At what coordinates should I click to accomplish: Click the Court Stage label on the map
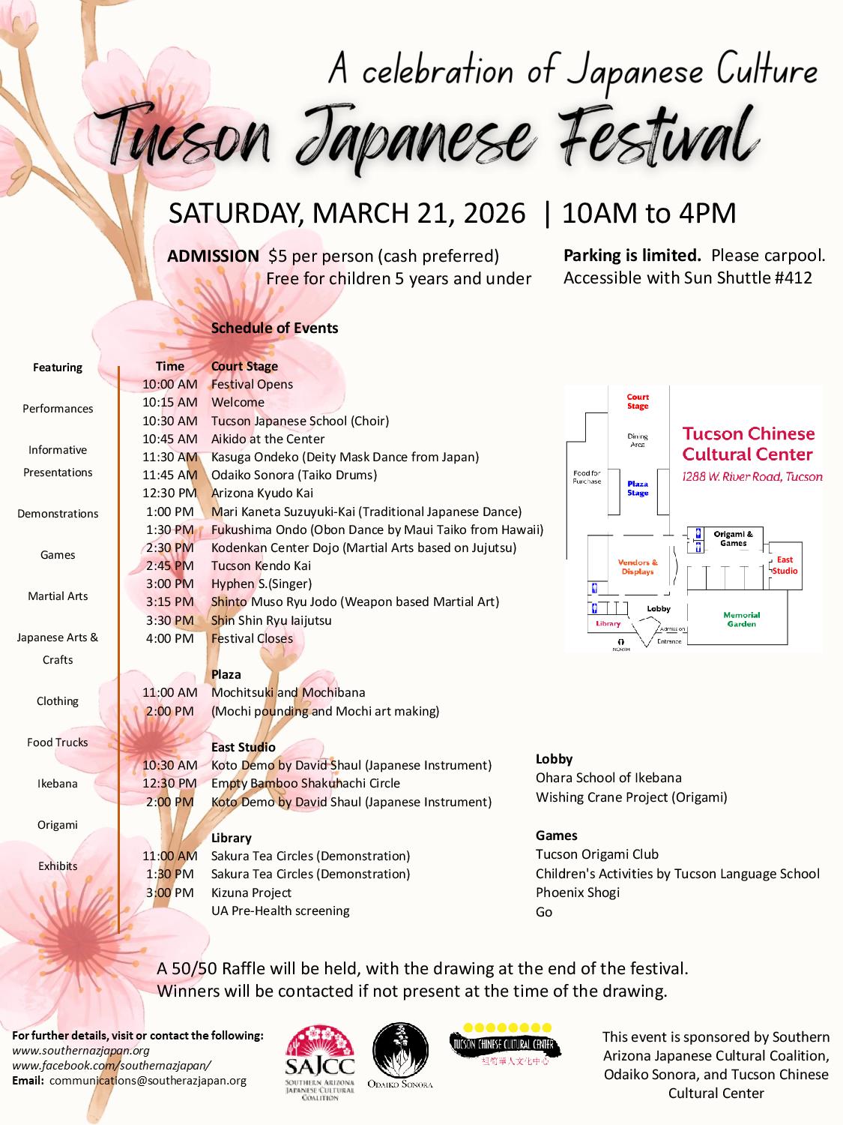[638, 402]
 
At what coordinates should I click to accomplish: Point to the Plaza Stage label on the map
[638, 488]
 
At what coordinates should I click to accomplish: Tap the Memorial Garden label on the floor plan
[741, 619]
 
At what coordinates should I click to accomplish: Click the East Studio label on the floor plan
[785, 565]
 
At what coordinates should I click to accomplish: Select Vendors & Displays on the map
[638, 567]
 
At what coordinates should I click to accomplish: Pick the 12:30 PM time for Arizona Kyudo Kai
[169, 493]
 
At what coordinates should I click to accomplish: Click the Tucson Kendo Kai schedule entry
[261, 565]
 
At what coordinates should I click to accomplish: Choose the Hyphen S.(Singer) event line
[261, 583]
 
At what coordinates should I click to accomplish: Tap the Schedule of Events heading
[274, 328]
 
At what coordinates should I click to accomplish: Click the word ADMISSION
[213, 256]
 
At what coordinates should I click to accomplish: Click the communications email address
[148, 1081]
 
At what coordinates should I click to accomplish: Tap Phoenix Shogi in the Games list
[578, 892]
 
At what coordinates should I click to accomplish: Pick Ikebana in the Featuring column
[58, 784]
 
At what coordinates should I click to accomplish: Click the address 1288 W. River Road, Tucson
[752, 476]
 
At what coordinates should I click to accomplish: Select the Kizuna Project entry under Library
[251, 892]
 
